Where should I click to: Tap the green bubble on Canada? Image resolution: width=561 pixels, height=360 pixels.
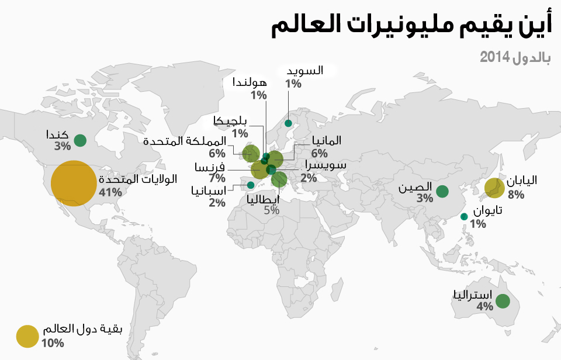80,140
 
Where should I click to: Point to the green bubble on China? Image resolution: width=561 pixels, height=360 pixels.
442,191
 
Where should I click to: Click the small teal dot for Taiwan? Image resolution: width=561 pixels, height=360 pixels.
464,217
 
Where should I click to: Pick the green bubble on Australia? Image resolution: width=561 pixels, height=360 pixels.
503,302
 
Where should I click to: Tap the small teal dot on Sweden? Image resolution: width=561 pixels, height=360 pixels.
288,123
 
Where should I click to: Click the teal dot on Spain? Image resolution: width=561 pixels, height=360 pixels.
251,185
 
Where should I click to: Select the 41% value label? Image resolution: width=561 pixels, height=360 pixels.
111,192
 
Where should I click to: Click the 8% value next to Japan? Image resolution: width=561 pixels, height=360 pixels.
516,194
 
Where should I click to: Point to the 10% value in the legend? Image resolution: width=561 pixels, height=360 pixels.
53,342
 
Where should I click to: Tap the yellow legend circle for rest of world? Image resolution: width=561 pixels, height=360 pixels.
27,337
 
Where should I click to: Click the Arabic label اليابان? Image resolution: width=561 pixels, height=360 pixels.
521,180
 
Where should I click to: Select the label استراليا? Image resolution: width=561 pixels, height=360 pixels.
473,294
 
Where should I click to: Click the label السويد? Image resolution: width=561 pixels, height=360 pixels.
304,71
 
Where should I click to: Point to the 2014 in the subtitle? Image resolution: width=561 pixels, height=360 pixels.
493,57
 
